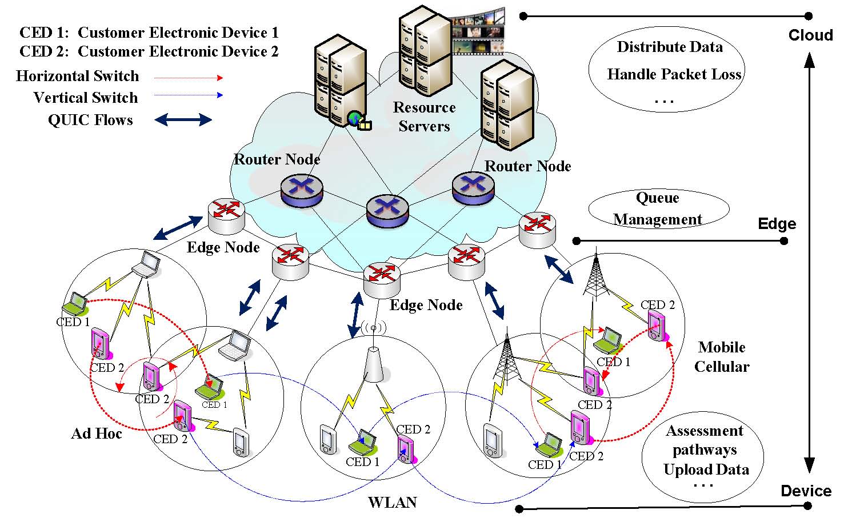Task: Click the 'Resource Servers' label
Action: point(424,117)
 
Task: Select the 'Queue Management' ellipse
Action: point(658,209)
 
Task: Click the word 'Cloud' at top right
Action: point(810,35)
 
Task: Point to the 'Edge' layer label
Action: point(777,224)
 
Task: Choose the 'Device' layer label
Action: point(806,491)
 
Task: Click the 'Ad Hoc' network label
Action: point(97,434)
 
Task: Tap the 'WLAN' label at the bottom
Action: point(393,503)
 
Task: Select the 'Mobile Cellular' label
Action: point(722,357)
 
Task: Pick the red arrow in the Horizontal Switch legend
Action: point(189,78)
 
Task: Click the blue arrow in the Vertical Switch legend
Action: point(189,95)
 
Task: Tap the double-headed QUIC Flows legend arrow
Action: point(183,120)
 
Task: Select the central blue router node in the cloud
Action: point(387,211)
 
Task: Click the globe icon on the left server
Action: point(355,119)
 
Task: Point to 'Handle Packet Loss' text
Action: point(674,74)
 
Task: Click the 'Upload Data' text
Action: point(706,469)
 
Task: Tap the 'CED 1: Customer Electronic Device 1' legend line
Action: point(149,33)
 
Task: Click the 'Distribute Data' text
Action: point(670,47)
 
